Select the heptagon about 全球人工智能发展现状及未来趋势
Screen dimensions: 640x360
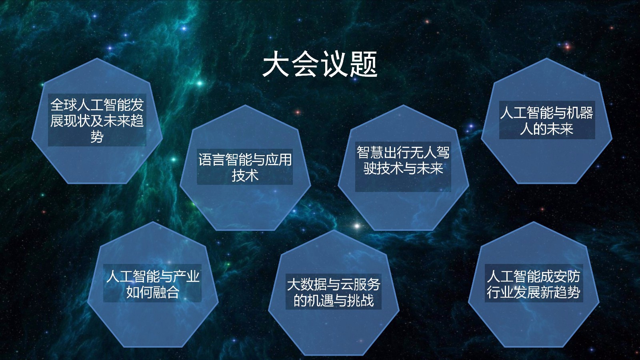(x=97, y=121)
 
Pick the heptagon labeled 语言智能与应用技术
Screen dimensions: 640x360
(x=245, y=168)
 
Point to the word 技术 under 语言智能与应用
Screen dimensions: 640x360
(x=245, y=175)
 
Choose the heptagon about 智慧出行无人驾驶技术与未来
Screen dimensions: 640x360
(x=404, y=168)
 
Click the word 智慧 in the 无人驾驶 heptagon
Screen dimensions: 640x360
(x=370, y=152)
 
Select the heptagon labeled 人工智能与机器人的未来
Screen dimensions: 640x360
(x=547, y=121)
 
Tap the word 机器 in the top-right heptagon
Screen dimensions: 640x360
(x=580, y=113)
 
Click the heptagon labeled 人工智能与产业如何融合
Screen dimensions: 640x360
(x=153, y=284)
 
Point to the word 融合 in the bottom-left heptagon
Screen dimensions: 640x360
(x=166, y=292)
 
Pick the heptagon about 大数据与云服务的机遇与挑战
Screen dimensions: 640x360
(x=334, y=293)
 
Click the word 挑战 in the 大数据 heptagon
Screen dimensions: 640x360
(x=360, y=300)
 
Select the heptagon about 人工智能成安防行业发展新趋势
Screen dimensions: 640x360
(x=534, y=284)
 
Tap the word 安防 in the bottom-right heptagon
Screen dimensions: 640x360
(x=567, y=276)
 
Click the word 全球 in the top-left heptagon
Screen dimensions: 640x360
(x=64, y=105)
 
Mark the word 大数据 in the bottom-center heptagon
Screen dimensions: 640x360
(x=307, y=284)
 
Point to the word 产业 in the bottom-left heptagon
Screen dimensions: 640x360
(x=186, y=276)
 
